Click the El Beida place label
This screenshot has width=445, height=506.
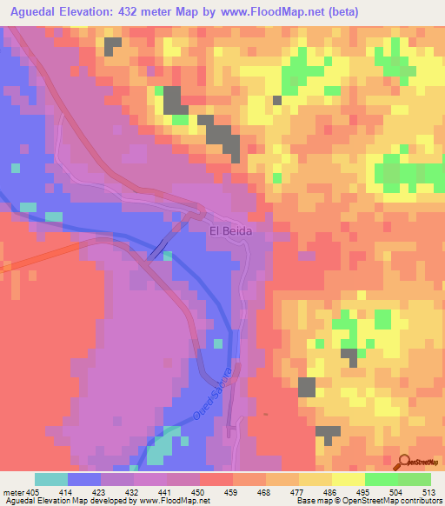229,231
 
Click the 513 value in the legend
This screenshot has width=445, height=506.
429,492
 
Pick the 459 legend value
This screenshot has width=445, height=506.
231,492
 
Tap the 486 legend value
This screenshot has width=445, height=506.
330,492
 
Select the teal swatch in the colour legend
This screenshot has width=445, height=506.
51,479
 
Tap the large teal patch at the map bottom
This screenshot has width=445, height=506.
158,448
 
